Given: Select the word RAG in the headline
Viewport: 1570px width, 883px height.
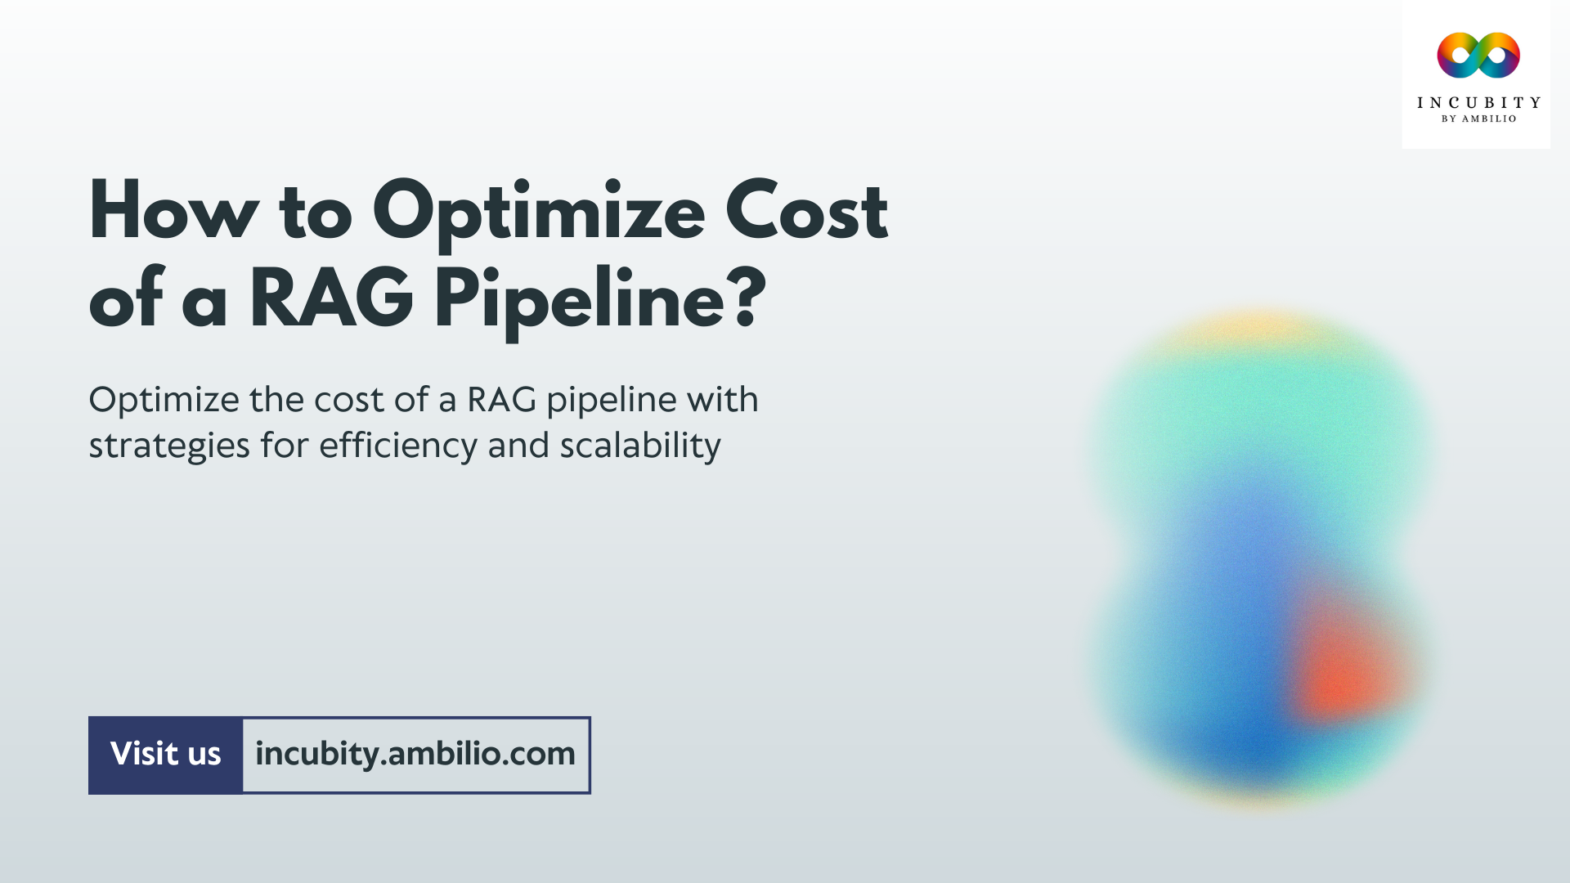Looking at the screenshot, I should pyautogui.click(x=331, y=299).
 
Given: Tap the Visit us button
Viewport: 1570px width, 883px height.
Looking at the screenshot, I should pyautogui.click(x=165, y=755).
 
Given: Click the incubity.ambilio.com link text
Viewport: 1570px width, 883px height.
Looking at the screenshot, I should pyautogui.click(x=415, y=755).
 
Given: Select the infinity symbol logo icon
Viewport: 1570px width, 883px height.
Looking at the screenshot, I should pyautogui.click(x=1478, y=56).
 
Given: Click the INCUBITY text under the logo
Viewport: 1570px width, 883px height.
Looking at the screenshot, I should pyautogui.click(x=1478, y=103).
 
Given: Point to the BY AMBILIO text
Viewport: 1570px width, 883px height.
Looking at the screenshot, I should pyautogui.click(x=1478, y=119).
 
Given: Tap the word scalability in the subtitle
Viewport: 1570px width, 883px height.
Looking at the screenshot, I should pyautogui.click(x=640, y=446).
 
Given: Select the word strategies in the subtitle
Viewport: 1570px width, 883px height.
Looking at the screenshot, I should pyautogui.click(x=169, y=446).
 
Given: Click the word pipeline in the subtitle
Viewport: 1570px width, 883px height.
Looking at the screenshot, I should pyautogui.click(x=612, y=401).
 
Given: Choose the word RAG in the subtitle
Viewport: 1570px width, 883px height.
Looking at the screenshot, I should pyautogui.click(x=501, y=400).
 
